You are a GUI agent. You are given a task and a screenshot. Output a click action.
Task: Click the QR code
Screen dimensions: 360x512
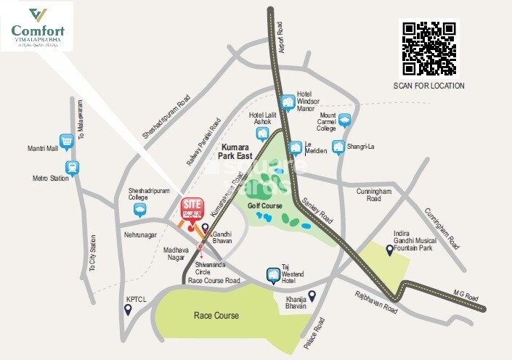429,48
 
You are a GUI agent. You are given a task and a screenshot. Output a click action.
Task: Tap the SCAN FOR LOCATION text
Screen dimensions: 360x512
428,86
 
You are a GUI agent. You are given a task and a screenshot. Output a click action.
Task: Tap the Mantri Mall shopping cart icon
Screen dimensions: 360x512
67,142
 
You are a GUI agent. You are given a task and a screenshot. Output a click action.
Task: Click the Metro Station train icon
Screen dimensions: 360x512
71,168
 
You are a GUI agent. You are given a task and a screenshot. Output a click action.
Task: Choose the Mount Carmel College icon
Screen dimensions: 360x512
344,120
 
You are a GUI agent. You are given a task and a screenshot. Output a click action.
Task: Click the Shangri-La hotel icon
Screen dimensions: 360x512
338,147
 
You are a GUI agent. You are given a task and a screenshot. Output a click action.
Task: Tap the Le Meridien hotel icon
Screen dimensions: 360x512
296,148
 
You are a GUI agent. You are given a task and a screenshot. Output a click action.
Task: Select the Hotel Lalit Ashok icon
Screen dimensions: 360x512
253,134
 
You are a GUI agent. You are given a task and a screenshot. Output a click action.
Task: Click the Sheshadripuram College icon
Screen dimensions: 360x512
139,210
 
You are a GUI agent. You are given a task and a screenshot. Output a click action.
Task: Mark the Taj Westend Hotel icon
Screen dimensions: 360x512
272,275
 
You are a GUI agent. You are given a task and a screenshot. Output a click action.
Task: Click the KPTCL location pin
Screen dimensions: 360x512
128,309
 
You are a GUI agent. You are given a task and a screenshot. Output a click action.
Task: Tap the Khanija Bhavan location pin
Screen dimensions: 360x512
312,295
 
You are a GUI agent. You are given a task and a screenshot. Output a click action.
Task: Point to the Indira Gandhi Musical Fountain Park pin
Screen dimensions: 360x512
390,250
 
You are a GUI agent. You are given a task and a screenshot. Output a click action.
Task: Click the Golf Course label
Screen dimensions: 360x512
265,206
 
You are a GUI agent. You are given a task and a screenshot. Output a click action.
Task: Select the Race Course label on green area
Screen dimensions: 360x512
216,316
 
